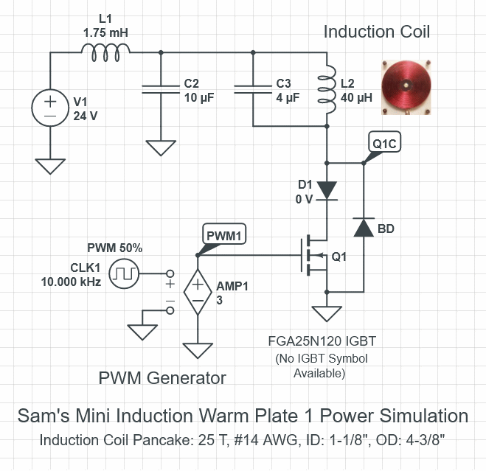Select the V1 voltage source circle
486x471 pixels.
[49, 108]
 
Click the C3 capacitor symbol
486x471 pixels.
[253, 88]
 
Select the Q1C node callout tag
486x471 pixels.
[384, 144]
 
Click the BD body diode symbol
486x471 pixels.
[363, 228]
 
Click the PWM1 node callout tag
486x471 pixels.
[223, 235]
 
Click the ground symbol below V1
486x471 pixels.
[49, 165]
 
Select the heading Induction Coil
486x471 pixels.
[377, 32]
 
